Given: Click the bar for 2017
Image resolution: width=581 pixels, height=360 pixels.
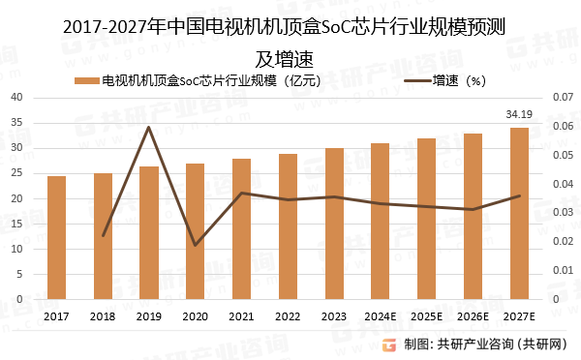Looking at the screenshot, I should (x=56, y=238).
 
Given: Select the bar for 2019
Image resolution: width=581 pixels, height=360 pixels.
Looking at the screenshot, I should (x=149, y=233).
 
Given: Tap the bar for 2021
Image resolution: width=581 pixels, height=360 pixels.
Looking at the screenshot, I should (x=241, y=229).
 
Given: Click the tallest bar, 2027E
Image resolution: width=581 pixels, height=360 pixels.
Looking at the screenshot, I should (x=519, y=214).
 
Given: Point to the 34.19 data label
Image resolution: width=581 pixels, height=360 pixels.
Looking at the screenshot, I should (x=519, y=114).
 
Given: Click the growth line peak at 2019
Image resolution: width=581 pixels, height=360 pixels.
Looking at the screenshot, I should (x=149, y=127).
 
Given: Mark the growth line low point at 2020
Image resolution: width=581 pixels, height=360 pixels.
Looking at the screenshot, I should (x=196, y=245).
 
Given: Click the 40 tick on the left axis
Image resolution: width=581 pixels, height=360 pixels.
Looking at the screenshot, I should (x=18, y=98).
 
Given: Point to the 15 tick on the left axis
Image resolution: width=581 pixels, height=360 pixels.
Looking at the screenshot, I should (x=18, y=224).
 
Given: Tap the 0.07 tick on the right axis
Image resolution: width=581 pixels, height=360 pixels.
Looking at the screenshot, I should (x=563, y=98).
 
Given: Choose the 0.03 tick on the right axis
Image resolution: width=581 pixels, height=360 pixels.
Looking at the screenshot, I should (x=563, y=213).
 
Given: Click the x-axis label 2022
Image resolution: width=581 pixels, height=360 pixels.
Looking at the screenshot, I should (x=288, y=315).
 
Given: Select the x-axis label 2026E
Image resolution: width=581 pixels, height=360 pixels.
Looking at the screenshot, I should (x=473, y=315).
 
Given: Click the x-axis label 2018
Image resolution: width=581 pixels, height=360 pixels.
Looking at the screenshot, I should (x=103, y=315).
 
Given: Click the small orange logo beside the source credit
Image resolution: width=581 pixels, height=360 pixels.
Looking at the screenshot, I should (x=388, y=344).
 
